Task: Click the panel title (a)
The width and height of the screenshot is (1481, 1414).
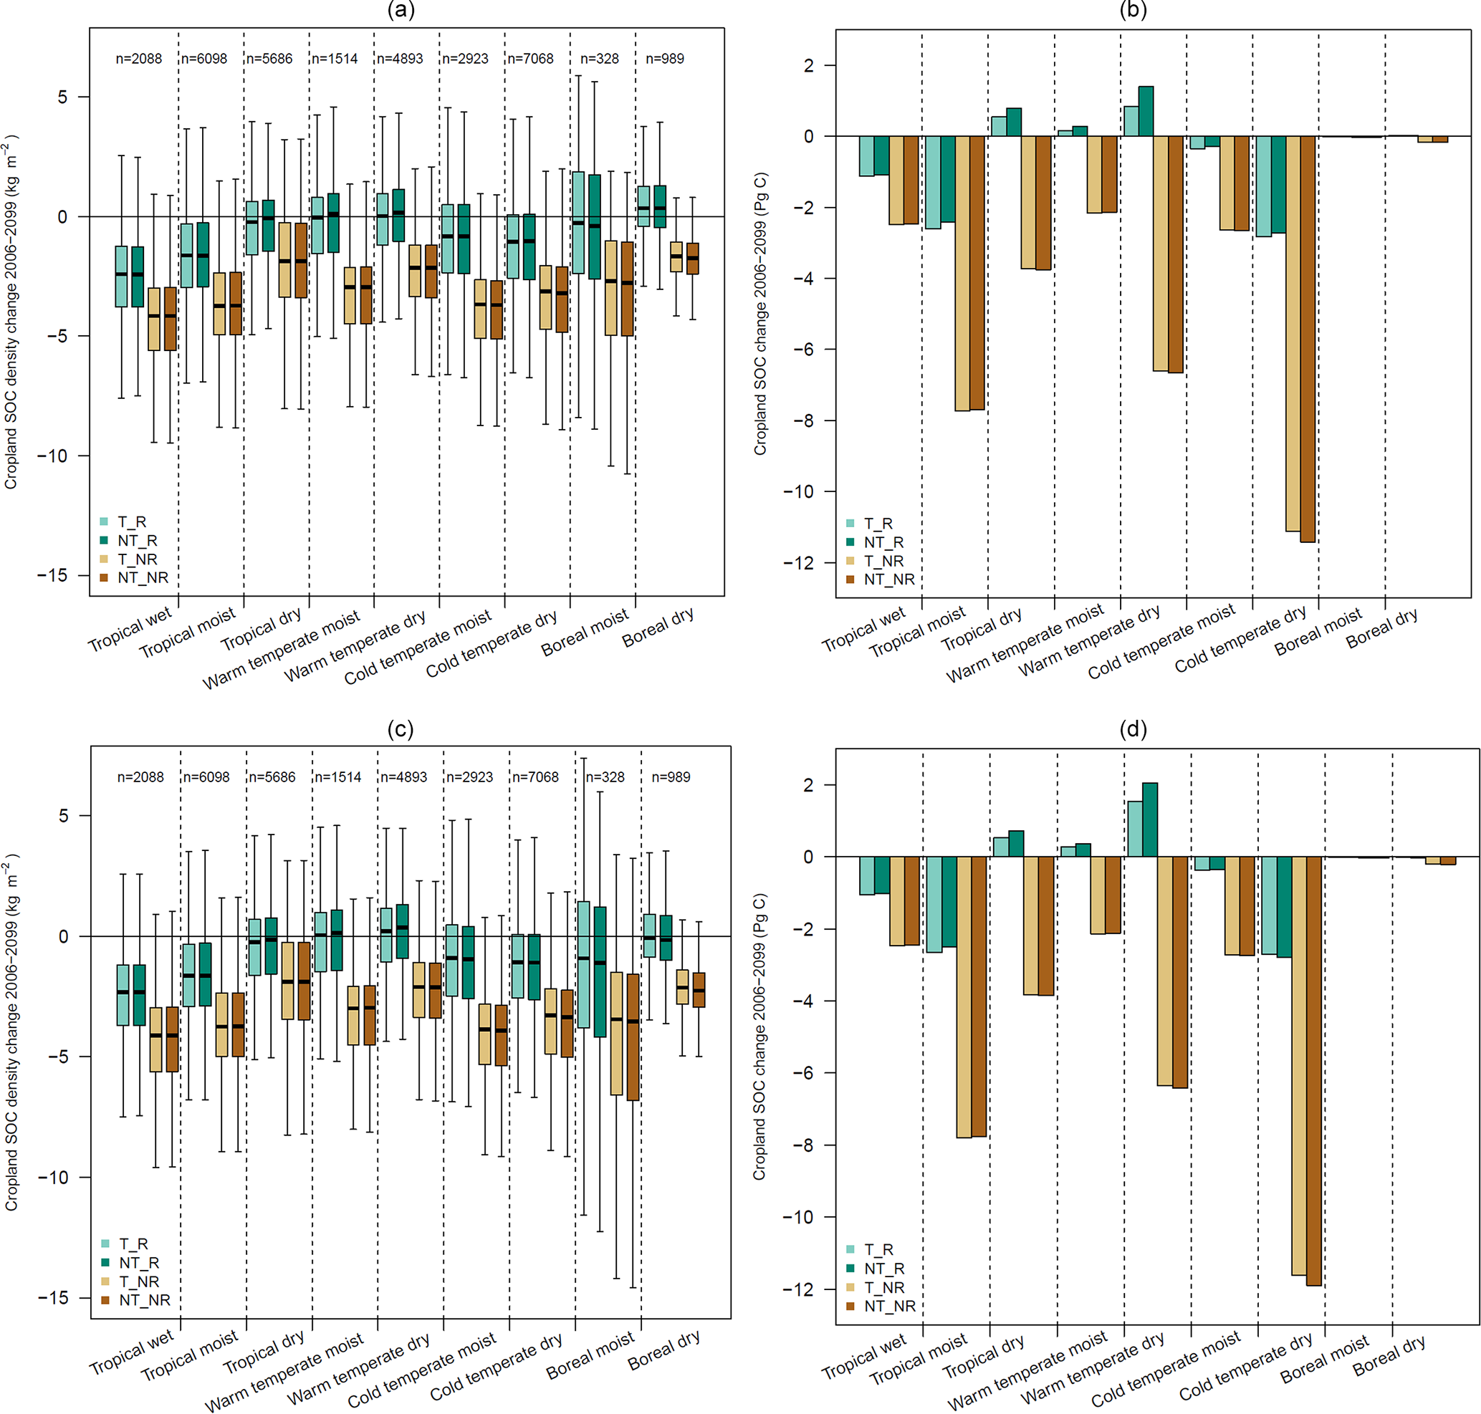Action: point(401,10)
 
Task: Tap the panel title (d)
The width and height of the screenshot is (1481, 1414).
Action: point(1133,729)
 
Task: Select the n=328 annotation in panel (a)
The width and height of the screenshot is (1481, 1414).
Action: point(599,59)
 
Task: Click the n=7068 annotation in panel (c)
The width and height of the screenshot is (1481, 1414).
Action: point(535,777)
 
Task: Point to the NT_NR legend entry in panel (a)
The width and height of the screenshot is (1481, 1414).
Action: point(143,578)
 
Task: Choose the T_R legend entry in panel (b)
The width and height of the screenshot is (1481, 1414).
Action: point(878,524)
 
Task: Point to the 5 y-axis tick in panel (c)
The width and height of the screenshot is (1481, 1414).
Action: point(62,817)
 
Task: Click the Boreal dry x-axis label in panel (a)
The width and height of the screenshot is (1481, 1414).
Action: point(658,628)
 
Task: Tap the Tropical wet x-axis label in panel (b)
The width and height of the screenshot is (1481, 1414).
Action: point(863,630)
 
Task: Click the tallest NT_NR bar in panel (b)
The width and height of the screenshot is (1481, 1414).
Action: point(1308,340)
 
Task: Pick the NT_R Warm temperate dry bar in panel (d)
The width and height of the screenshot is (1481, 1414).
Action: point(1150,819)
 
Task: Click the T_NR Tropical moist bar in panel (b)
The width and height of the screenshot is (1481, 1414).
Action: point(962,274)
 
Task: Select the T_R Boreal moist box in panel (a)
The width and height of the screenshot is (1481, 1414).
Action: point(577,222)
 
